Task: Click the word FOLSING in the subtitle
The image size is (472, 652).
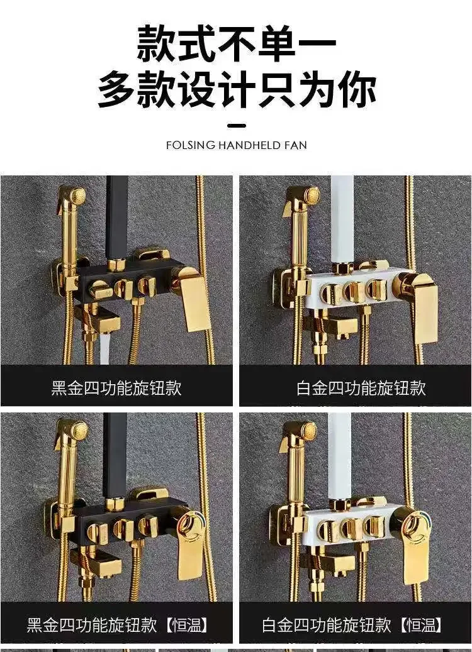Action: click(x=190, y=145)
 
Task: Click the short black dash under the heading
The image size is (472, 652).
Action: click(x=237, y=125)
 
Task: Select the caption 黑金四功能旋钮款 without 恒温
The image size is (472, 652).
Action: click(x=116, y=388)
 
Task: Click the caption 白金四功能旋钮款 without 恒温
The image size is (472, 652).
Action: click(x=361, y=388)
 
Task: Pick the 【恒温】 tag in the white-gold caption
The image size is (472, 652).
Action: click(x=420, y=625)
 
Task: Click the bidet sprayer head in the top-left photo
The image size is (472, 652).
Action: click(x=73, y=196)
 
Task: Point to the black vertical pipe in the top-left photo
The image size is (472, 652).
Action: click(x=116, y=217)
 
